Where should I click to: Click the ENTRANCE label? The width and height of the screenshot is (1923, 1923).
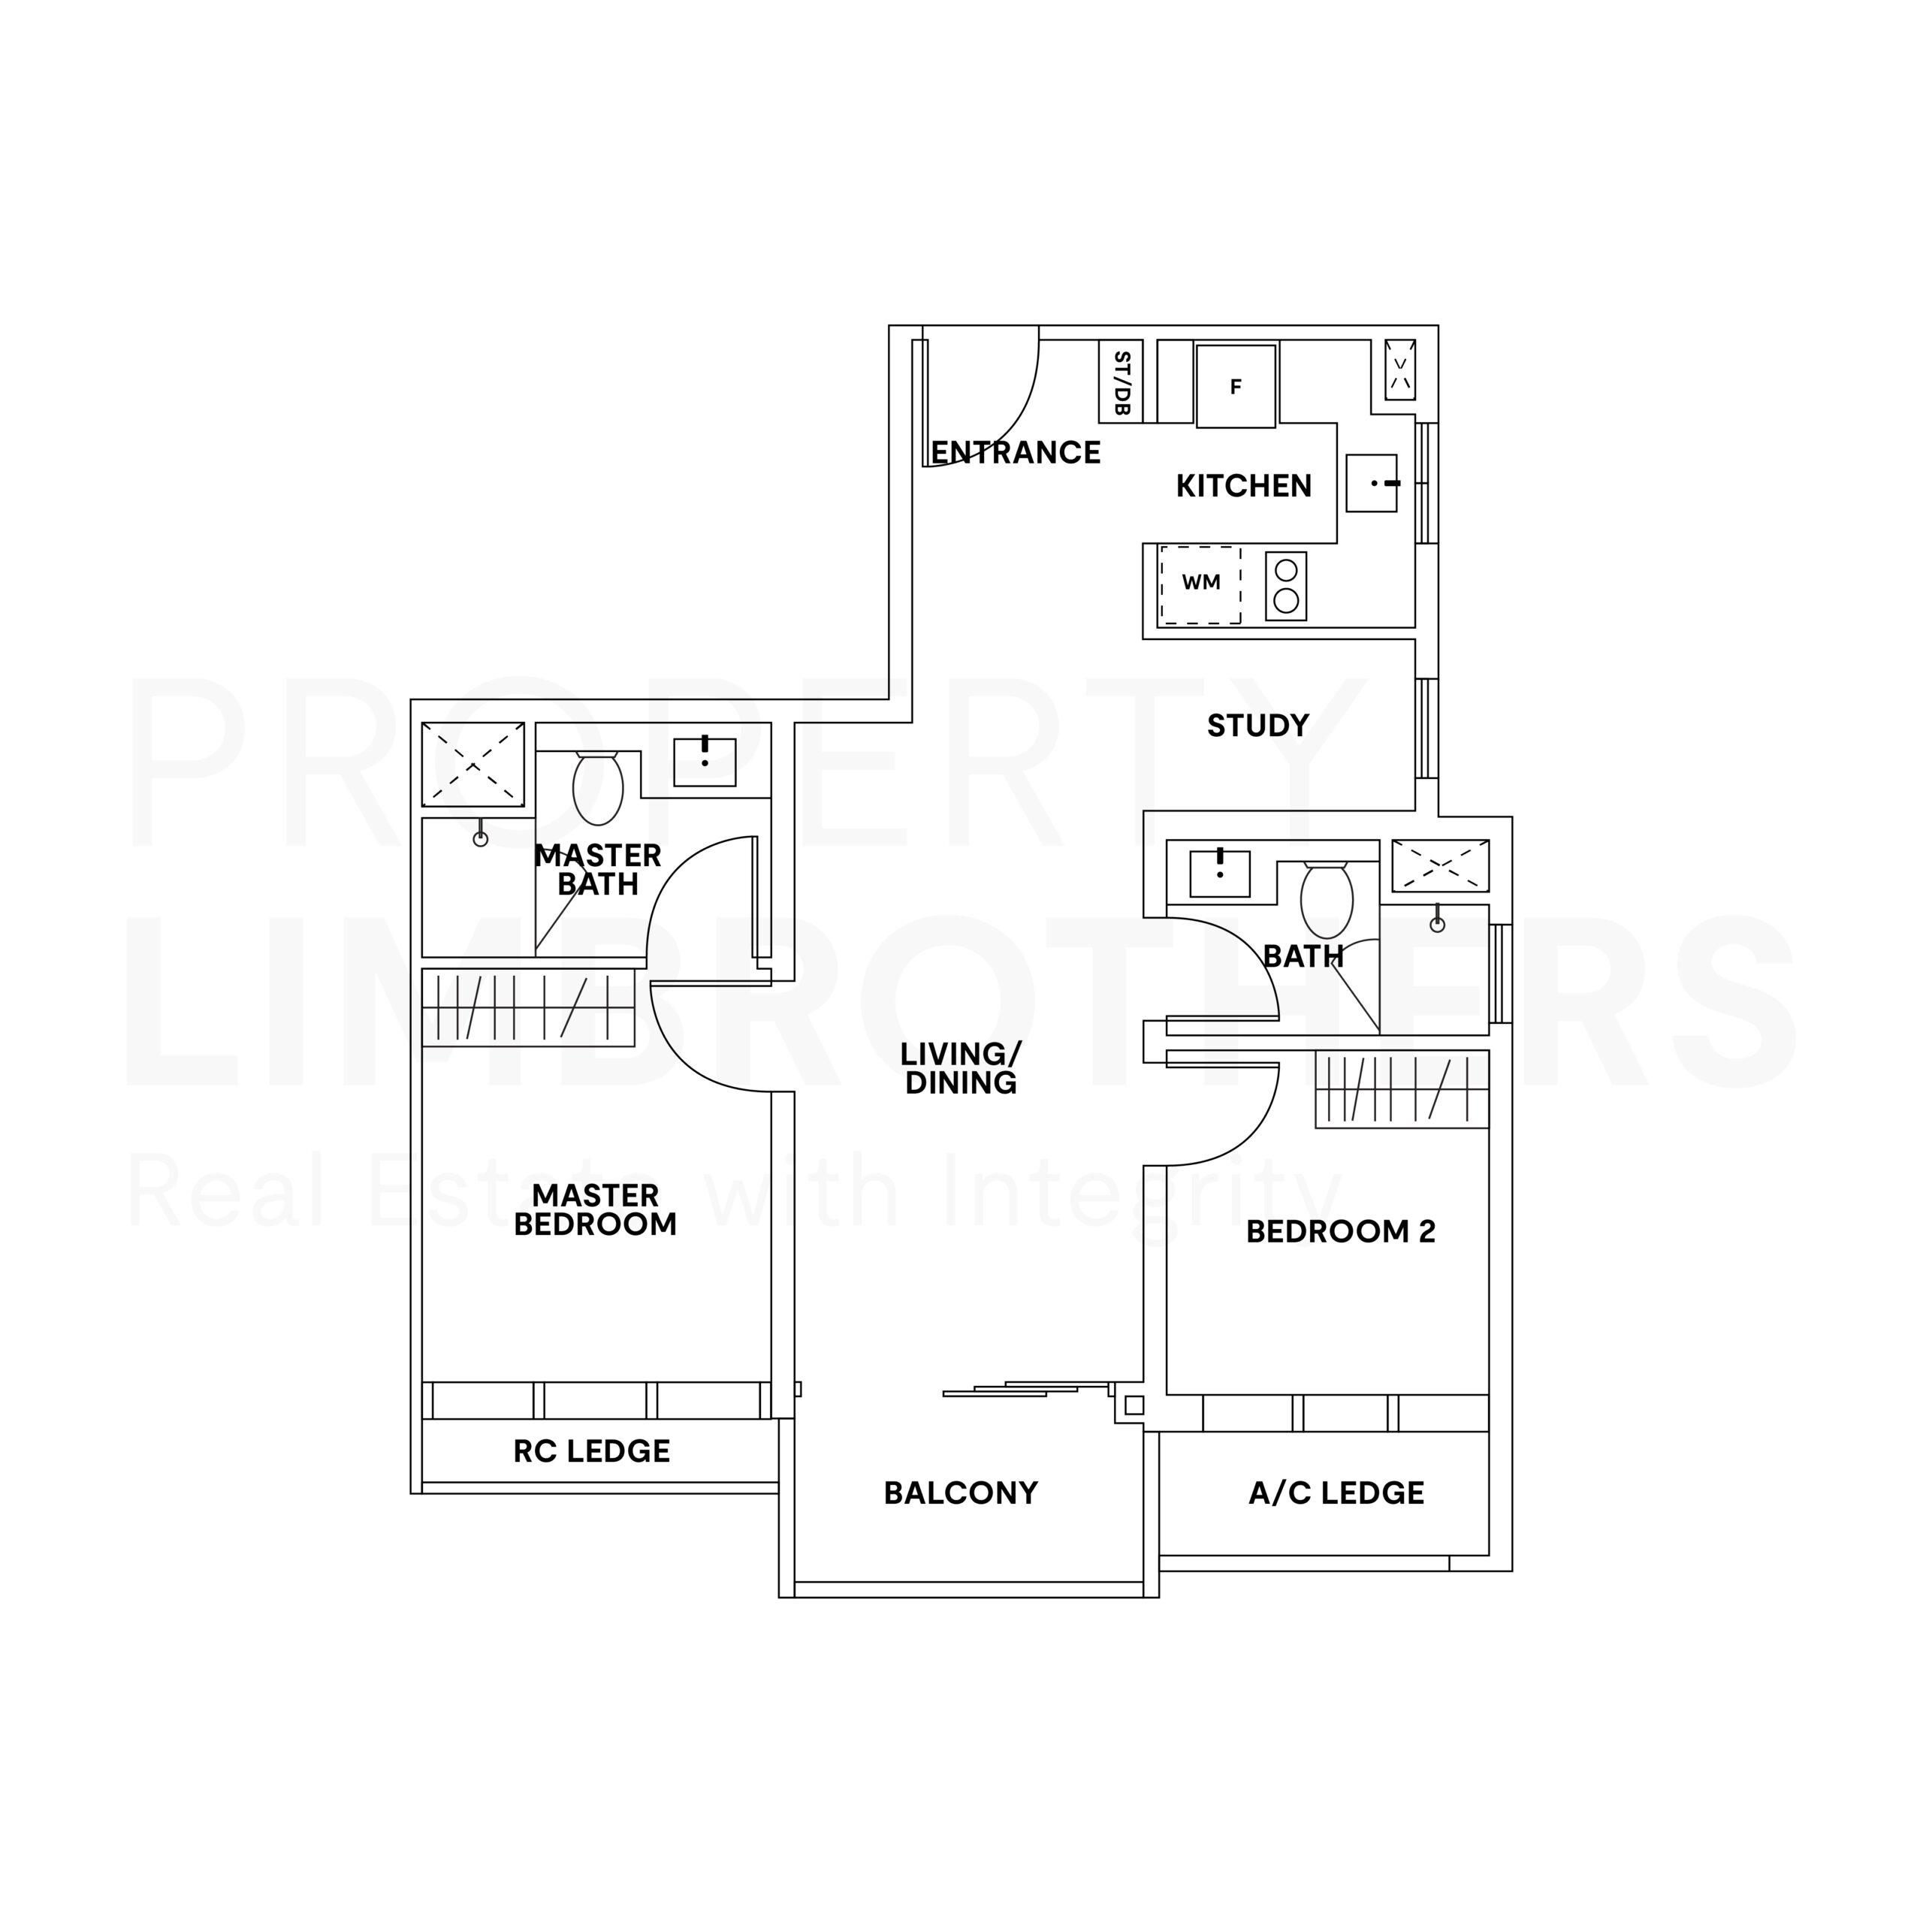[x=1016, y=453]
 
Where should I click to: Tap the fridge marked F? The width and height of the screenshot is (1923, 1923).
[x=1235, y=386]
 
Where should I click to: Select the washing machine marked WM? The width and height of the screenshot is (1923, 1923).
[x=1200, y=584]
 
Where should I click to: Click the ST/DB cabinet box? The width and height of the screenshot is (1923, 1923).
[x=1120, y=381]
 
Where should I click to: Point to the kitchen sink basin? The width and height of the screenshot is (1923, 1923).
[x=1372, y=484]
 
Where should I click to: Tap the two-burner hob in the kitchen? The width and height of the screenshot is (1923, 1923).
[x=1286, y=586]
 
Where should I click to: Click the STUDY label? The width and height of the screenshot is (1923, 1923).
[x=1257, y=726]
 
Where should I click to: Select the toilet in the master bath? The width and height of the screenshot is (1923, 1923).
[x=597, y=787]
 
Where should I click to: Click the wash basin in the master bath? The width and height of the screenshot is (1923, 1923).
[x=705, y=762]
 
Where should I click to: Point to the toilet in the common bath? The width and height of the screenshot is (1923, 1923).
[x=1327, y=898]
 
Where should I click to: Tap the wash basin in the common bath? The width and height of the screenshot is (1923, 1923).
[x=1219, y=874]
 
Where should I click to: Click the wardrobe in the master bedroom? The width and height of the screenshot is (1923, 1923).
[x=529, y=1007]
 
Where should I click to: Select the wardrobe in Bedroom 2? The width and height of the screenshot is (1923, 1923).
[x=1402, y=1089]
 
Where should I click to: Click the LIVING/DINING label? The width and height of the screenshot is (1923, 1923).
[x=961, y=1068]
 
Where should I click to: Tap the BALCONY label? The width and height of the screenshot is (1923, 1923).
[x=961, y=1493]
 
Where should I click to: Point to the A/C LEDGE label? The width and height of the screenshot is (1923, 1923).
[x=1336, y=1493]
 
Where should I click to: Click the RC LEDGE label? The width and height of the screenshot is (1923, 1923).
[x=591, y=1451]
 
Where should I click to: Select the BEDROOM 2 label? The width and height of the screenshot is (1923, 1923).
[x=1341, y=1232]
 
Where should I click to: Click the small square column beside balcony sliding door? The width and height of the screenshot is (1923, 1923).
[x=1134, y=1405]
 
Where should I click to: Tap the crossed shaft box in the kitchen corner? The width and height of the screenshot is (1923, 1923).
[x=1400, y=370]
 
